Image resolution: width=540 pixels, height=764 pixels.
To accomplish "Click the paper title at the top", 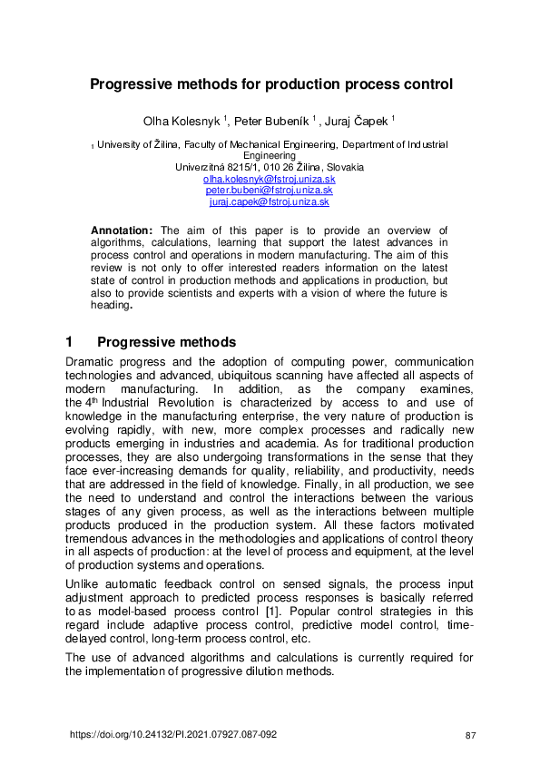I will point(270,85).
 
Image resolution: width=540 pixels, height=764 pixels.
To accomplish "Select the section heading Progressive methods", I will point(166,342).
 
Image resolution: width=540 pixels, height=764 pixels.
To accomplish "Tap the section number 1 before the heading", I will point(70,342).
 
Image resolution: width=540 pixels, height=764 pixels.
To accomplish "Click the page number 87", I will point(469,734).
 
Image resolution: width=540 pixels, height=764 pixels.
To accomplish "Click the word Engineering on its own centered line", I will point(270,155).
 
